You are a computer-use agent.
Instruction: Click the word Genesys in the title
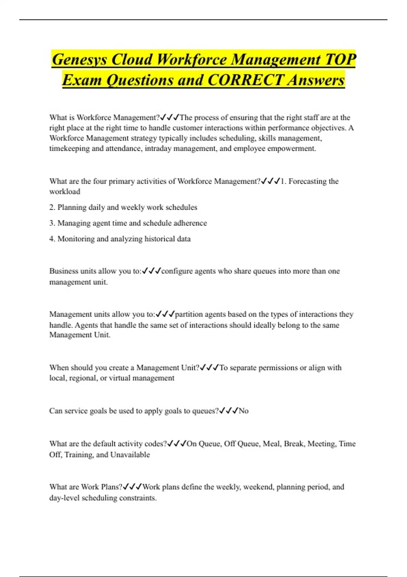point(80,60)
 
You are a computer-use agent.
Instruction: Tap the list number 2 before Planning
point(52,207)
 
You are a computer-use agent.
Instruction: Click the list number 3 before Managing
point(52,223)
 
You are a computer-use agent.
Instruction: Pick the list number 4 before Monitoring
point(52,239)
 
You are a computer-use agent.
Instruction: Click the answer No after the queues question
point(244,411)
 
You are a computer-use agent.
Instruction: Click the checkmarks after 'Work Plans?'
point(132,487)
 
